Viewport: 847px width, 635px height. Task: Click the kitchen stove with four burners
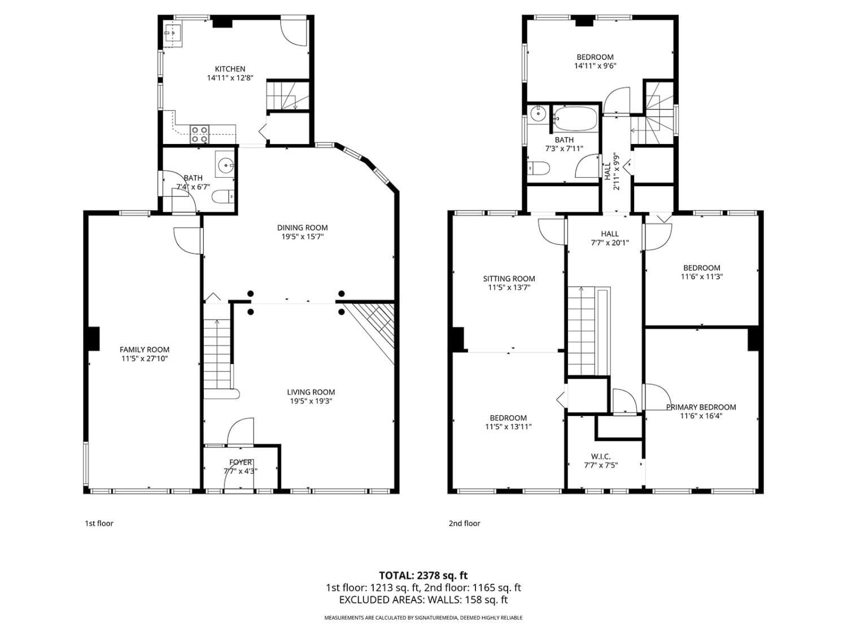coord(199,134)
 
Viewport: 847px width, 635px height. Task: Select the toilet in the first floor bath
coord(223,196)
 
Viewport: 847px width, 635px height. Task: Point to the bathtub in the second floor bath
coord(575,119)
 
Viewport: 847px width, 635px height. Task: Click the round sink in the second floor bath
coord(536,114)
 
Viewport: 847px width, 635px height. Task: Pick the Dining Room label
coord(303,228)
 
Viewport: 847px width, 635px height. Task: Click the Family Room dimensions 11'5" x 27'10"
coord(145,358)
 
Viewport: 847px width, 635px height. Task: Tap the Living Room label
coord(311,392)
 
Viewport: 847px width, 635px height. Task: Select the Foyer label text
coord(241,462)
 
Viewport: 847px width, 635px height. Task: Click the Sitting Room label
coord(509,278)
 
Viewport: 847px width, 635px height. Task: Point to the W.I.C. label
coord(600,457)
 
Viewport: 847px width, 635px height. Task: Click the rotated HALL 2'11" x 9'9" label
coord(612,172)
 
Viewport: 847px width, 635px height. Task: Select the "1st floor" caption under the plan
coord(99,523)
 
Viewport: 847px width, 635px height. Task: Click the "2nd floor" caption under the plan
coord(465,523)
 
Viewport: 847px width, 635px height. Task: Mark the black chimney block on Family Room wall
coord(93,339)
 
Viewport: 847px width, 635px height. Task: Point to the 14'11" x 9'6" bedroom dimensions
coord(595,66)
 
